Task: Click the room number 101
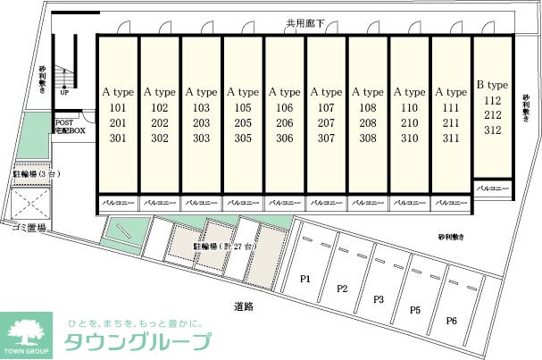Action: point(118,108)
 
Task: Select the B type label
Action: point(492,85)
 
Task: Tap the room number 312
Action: point(492,130)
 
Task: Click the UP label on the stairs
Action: point(64,92)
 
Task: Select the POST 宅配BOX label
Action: point(71,127)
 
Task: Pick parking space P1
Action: point(304,279)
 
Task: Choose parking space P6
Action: point(452,321)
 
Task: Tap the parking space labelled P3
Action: point(378,299)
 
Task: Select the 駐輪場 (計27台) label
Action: point(225,245)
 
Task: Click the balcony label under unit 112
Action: point(492,189)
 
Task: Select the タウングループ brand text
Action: point(138,342)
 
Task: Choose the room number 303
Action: point(201,138)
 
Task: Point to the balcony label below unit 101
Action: point(117,204)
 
